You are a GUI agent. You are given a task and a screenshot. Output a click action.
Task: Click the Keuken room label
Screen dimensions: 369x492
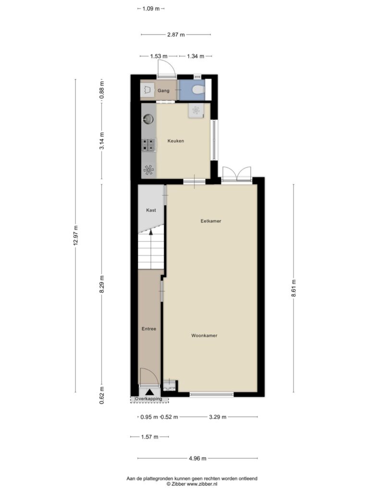point(176,141)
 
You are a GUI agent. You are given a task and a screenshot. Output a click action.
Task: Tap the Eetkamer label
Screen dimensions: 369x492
point(211,221)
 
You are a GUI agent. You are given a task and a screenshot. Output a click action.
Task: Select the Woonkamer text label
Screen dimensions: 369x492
point(204,335)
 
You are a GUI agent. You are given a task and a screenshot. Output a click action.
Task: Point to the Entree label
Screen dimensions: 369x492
point(149,329)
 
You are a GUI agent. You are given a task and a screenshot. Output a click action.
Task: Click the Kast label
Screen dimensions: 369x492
point(151,210)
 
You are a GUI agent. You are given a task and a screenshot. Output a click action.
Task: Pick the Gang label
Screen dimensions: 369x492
point(163,91)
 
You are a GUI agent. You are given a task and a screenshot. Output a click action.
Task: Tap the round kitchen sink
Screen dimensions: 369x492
point(148,119)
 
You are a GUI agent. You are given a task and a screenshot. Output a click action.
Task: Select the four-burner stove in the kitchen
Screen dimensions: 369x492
point(149,145)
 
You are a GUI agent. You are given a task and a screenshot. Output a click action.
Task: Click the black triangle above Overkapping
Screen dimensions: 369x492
point(149,392)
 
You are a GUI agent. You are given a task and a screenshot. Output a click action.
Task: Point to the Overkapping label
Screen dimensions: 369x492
point(149,399)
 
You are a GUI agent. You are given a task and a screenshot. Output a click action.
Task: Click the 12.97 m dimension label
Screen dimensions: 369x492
point(75,235)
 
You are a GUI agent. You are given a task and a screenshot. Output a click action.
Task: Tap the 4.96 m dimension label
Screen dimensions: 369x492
point(197,458)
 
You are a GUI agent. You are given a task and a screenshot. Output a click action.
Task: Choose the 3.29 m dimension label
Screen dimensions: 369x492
point(218,417)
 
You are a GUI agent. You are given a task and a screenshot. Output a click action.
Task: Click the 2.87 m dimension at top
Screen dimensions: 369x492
point(176,35)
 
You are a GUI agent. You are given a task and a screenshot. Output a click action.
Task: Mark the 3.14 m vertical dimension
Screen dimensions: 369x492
point(102,141)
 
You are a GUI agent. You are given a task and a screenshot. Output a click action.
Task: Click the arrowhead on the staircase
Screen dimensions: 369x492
point(151,232)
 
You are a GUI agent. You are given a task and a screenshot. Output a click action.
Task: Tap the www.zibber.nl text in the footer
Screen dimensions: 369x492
point(202,484)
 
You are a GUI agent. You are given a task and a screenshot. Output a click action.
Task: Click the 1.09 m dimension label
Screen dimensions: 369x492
point(151,9)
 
